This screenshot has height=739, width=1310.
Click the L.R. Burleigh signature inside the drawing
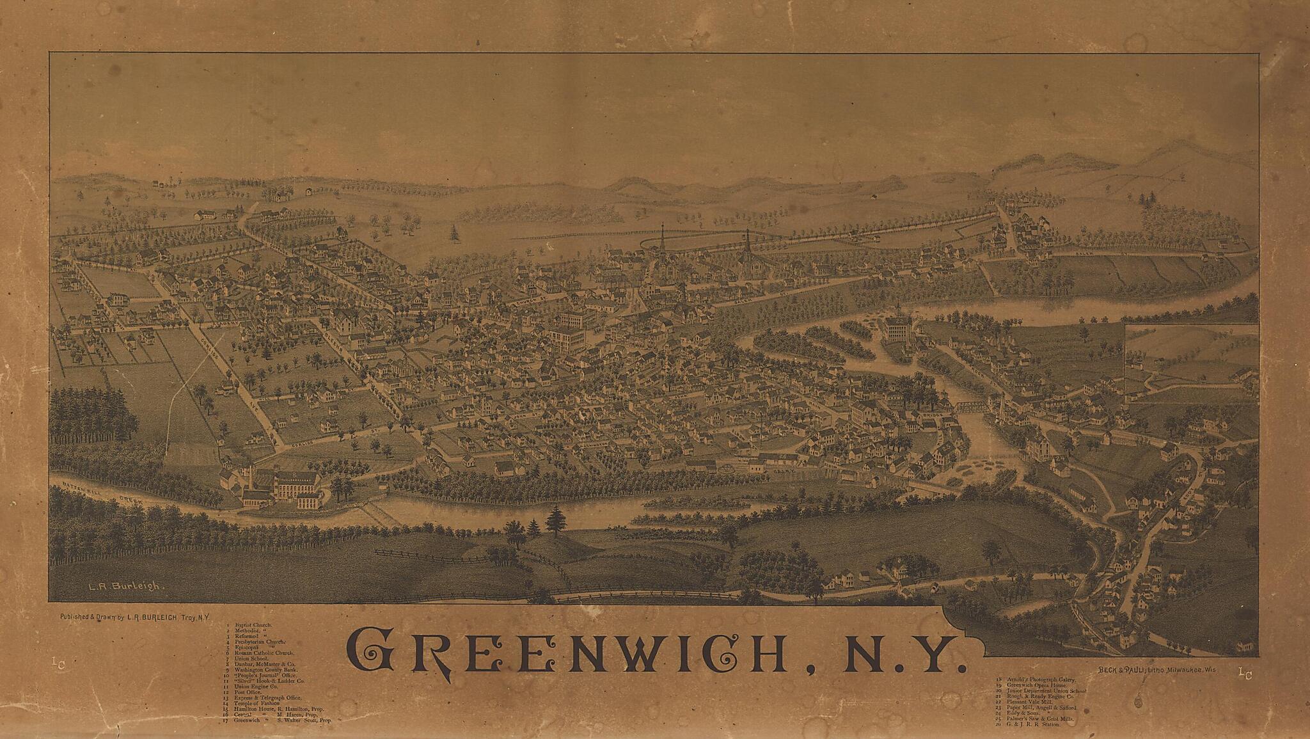(x=127, y=586)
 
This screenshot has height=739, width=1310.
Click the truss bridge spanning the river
(x=972, y=406)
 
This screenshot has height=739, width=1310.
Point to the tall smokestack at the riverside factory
(x=251, y=477)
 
